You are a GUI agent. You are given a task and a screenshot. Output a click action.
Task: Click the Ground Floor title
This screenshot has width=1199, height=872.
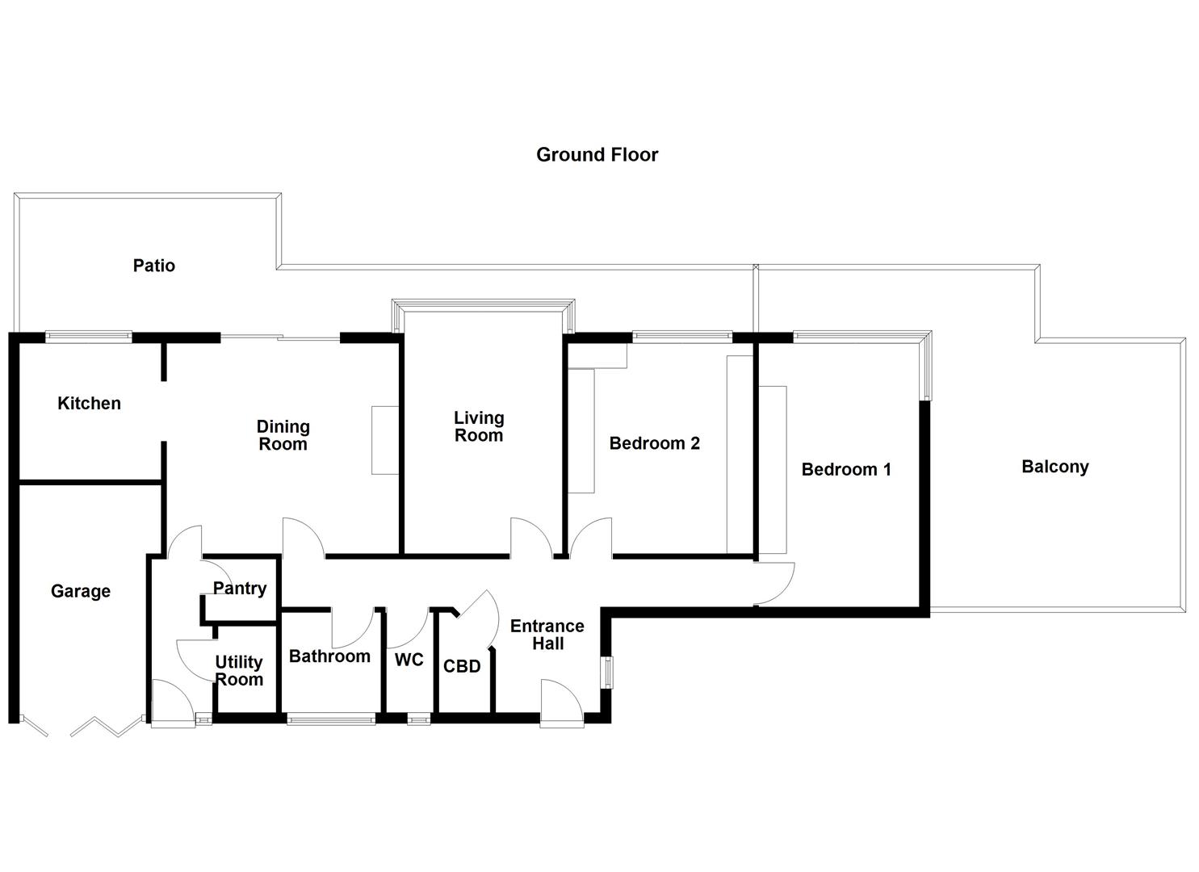(x=597, y=154)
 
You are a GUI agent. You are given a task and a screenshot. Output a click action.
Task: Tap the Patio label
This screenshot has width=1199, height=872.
(x=153, y=265)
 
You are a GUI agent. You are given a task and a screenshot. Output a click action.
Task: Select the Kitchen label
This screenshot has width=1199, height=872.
(x=89, y=403)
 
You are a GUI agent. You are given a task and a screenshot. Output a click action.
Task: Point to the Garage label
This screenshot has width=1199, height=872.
(x=80, y=591)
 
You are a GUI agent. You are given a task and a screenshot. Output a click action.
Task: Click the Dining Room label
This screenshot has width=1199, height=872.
(x=283, y=435)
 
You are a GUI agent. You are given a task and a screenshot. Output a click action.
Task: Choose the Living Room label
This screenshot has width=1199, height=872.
(x=479, y=426)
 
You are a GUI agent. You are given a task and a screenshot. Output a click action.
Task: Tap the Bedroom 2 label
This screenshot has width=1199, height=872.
(x=654, y=443)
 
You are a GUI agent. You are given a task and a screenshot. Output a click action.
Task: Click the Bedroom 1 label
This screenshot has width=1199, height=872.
(x=846, y=469)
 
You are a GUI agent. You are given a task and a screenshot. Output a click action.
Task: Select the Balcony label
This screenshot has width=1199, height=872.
(x=1054, y=467)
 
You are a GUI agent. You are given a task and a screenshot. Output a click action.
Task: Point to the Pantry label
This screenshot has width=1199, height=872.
(x=240, y=588)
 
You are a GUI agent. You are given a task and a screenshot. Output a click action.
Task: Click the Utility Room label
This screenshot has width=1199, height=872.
(x=239, y=670)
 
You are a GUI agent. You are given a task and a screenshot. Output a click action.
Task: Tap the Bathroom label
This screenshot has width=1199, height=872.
(x=329, y=656)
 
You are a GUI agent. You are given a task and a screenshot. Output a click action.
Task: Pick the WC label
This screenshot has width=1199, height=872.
(x=409, y=660)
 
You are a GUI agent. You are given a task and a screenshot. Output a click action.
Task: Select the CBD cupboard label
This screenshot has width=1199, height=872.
(x=462, y=666)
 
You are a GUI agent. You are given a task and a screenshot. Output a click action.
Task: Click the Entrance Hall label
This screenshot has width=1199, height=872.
(x=547, y=635)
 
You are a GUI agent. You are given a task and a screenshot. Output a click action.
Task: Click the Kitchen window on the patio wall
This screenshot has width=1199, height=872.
(x=88, y=337)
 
